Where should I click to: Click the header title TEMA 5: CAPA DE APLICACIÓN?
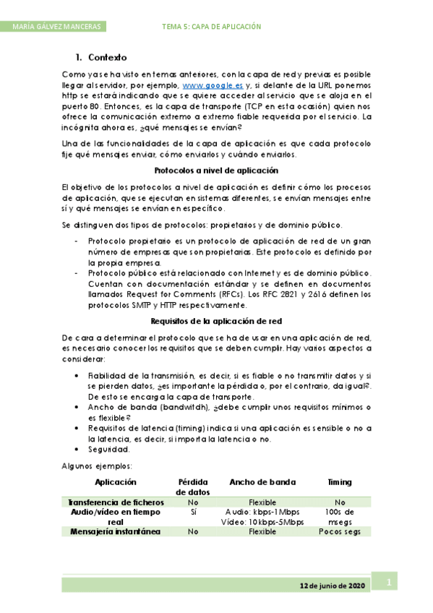pyautogui.click(x=212, y=27)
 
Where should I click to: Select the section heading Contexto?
pyautogui.click(x=107, y=56)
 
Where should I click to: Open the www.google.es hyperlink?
pyautogui.click(x=213, y=85)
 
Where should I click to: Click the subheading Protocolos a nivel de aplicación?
pyautogui.click(x=217, y=171)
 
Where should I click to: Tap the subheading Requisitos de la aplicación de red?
pyautogui.click(x=216, y=320)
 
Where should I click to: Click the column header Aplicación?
pyautogui.click(x=116, y=482)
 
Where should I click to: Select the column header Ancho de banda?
pyautogui.click(x=262, y=482)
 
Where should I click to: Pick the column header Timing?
pyautogui.click(x=338, y=482)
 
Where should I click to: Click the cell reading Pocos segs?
pyautogui.click(x=338, y=532)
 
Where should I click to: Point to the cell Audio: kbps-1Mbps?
pyautogui.click(x=262, y=512)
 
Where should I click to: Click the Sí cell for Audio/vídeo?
pyautogui.click(x=193, y=512)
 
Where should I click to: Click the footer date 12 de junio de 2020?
pyautogui.click(x=330, y=585)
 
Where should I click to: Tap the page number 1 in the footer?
pyautogui.click(x=387, y=583)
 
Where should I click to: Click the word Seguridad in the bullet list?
pyautogui.click(x=108, y=450)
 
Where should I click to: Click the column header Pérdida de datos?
pyautogui.click(x=193, y=487)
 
